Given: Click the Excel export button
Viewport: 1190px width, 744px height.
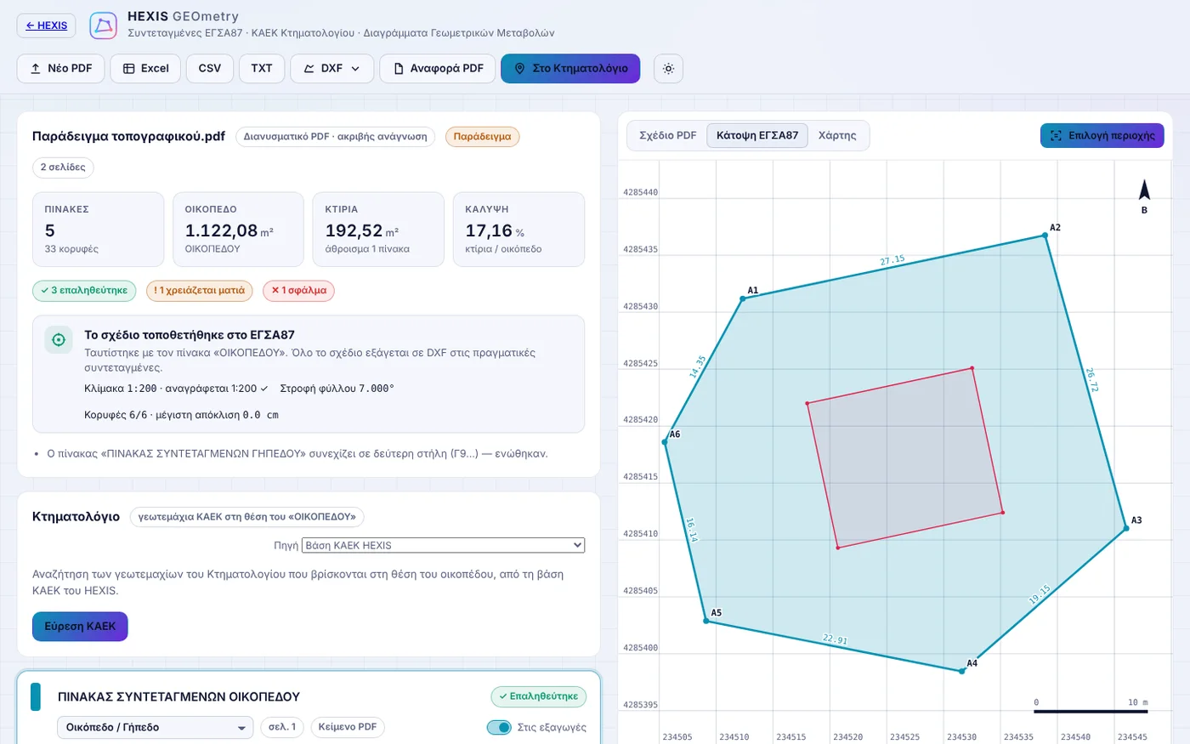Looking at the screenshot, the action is click(x=145, y=69).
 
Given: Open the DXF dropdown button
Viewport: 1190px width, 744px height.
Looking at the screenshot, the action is click(x=331, y=69).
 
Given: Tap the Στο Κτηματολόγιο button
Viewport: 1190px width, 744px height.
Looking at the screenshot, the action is click(x=570, y=69).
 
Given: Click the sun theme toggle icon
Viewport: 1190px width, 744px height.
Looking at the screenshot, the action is click(x=668, y=69).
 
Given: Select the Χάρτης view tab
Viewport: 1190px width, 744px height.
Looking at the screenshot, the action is click(x=837, y=135).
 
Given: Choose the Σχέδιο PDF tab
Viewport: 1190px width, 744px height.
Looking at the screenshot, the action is click(x=668, y=135).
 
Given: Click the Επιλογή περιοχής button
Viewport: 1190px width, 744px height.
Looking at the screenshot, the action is click(x=1102, y=135).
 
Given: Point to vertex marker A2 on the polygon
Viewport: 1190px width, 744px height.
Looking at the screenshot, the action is click(x=1045, y=235).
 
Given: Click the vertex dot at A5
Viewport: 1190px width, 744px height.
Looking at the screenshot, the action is click(x=706, y=621).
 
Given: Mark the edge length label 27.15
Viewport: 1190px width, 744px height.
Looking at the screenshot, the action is click(x=892, y=260).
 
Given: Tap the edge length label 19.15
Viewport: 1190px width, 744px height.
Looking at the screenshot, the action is click(x=1039, y=594).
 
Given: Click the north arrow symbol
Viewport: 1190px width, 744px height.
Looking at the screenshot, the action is click(x=1144, y=190).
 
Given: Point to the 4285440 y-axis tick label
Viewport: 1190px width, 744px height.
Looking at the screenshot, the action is click(x=640, y=192).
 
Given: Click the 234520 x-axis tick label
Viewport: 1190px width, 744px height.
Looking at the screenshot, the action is click(x=848, y=737).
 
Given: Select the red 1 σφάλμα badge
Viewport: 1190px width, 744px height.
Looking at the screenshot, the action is click(x=298, y=291).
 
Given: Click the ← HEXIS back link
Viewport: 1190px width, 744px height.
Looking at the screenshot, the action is click(x=46, y=26).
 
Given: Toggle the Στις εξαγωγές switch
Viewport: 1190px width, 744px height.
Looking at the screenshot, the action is click(x=499, y=727).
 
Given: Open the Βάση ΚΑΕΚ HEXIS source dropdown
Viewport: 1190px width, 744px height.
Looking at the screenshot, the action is click(x=443, y=545).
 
